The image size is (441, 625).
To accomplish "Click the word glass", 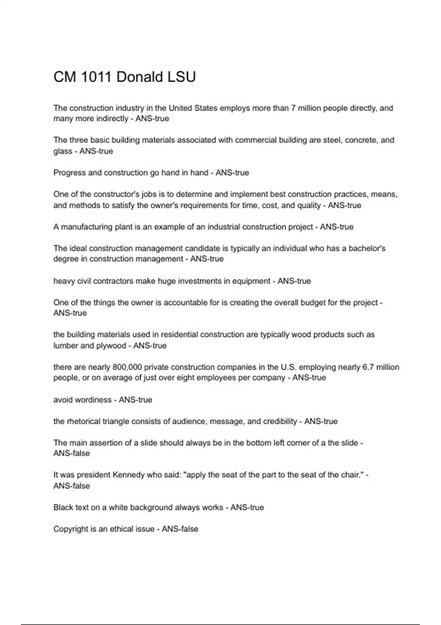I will [x=62, y=151].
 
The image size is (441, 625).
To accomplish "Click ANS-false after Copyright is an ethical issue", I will [x=180, y=529].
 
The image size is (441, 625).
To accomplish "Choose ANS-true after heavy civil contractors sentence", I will [x=294, y=281].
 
